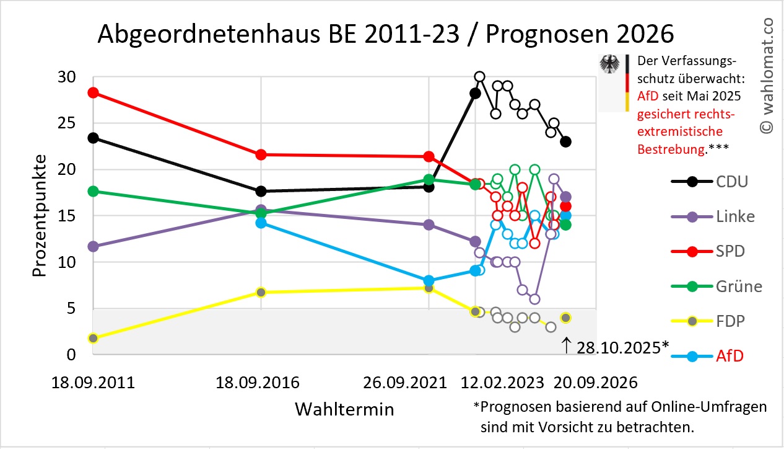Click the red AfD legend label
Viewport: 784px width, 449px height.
[729, 357]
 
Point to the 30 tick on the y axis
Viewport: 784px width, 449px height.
[66, 78]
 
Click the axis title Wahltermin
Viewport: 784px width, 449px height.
[344, 409]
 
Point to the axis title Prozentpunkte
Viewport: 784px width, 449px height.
[40, 215]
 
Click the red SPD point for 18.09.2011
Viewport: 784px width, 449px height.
[93, 92]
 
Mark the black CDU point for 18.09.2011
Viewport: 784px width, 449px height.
[93, 138]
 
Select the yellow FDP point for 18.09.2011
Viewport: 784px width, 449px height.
[93, 338]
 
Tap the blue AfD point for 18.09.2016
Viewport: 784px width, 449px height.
[261, 223]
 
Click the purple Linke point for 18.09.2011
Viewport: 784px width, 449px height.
[93, 246]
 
